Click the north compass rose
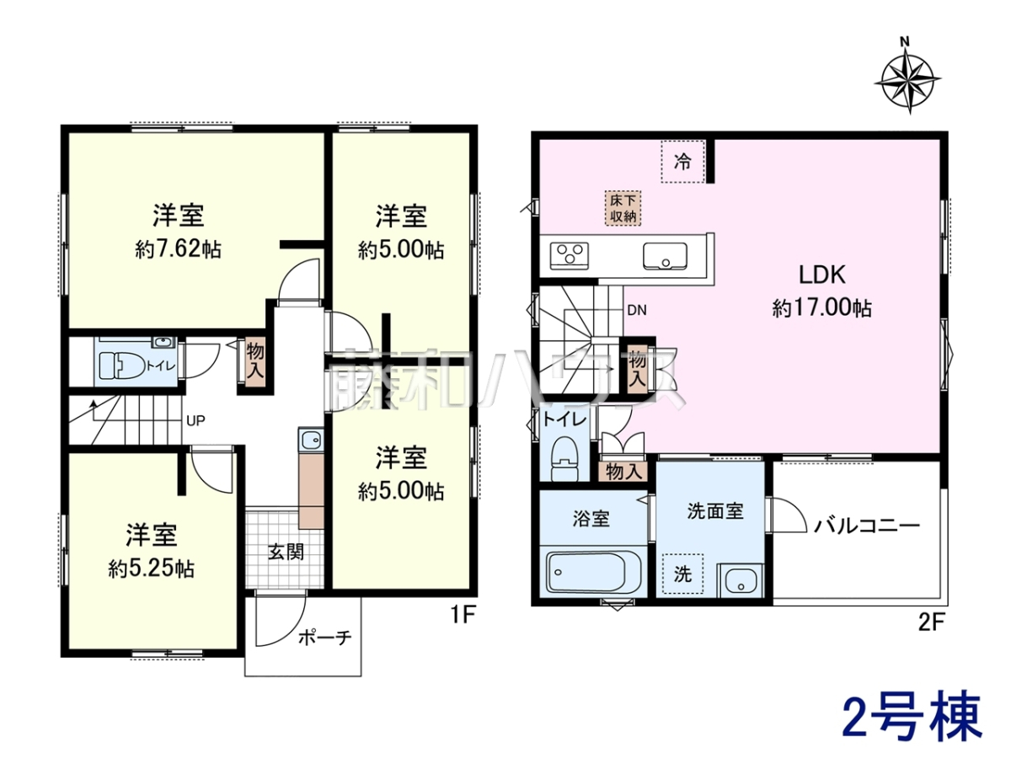coord(907,81)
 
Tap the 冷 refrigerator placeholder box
coord(682,162)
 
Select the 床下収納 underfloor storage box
coord(623,208)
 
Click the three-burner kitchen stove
coord(570,255)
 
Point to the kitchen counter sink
coord(665,255)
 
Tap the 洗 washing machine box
coord(682,574)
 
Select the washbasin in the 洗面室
coord(741,581)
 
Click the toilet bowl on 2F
coord(564,459)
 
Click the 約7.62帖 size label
coord(179,250)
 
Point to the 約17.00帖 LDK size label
coord(821,307)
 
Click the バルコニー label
coord(867,525)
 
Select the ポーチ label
coord(325,638)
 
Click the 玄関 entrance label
coord(286,552)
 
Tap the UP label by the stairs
coord(195,420)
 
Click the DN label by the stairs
coord(637,310)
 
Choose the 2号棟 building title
coord(911,718)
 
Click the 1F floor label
coord(463,616)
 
